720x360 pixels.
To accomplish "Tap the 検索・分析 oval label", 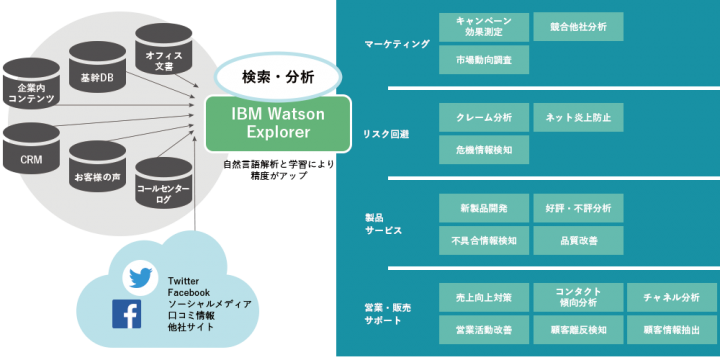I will [x=277, y=77].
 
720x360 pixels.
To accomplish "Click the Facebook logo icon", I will [x=126, y=314].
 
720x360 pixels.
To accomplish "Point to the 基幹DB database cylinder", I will [x=97, y=73].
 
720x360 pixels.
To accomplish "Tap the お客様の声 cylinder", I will [x=97, y=170].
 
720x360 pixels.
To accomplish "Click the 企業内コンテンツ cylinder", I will [x=31, y=90].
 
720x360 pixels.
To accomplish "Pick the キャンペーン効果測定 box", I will [x=484, y=26].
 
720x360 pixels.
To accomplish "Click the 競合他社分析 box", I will [x=578, y=26].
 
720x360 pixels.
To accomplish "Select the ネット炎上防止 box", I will [x=578, y=117].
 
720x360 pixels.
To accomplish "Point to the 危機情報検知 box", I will [x=484, y=150].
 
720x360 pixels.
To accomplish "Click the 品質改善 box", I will [x=578, y=240].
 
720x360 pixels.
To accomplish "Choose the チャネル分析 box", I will [x=672, y=297].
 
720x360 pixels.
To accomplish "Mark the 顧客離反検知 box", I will [x=578, y=329].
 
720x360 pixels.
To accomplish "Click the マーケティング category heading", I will [x=398, y=44].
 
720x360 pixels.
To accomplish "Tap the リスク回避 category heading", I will [x=387, y=134].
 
